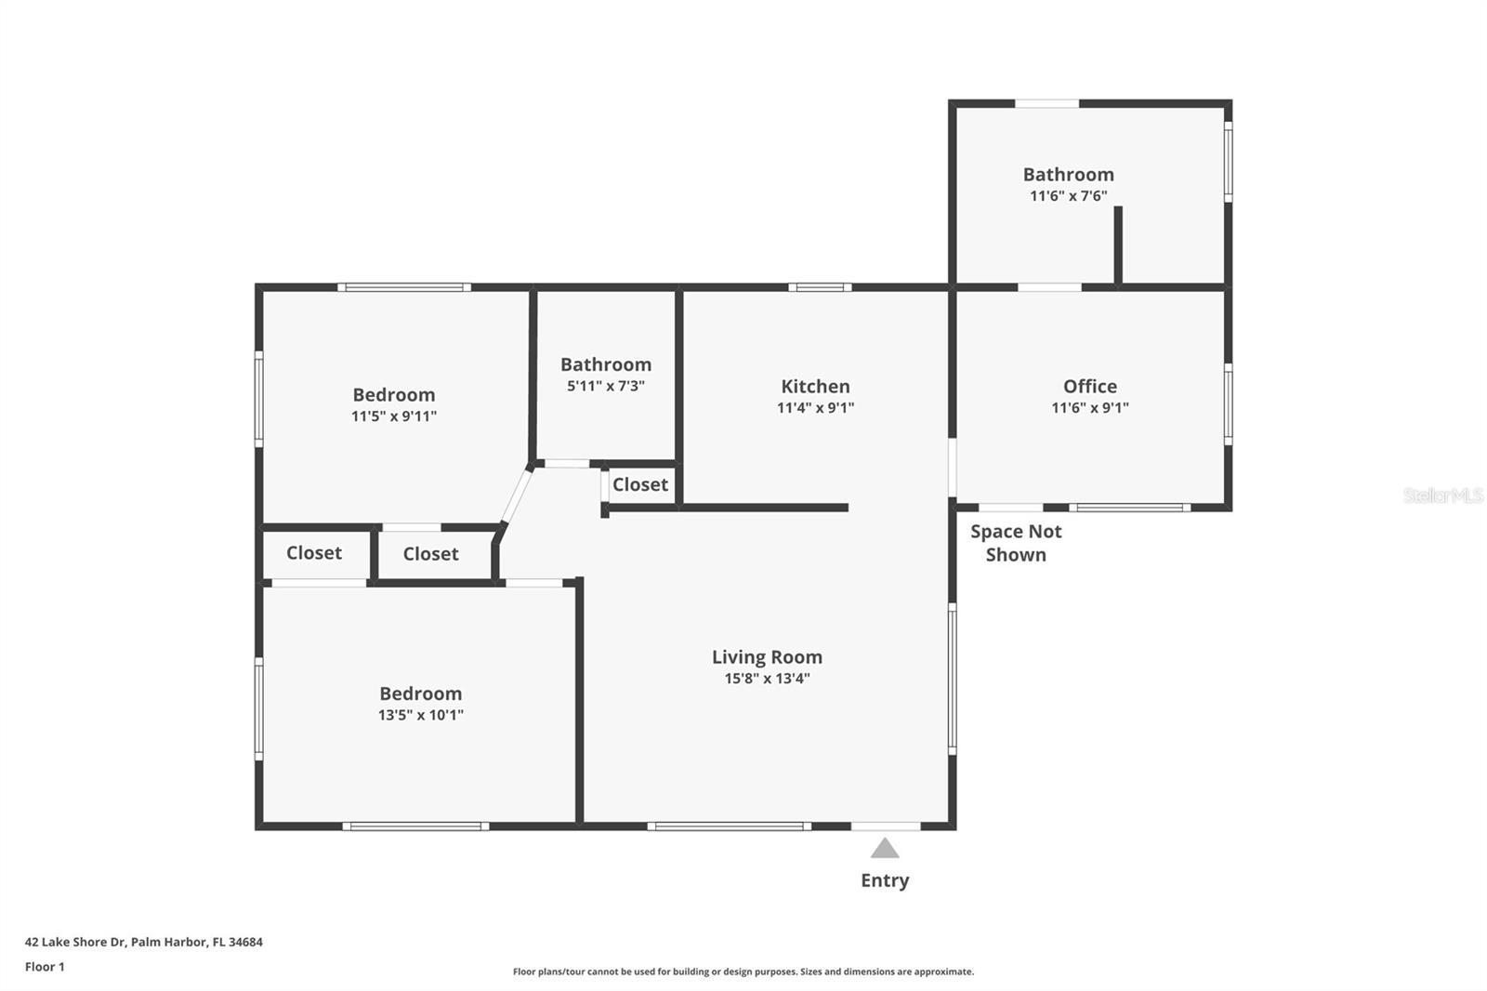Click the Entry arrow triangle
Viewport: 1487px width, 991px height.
[x=885, y=849]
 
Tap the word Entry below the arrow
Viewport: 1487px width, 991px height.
[x=885, y=880]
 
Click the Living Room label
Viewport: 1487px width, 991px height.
[x=767, y=657]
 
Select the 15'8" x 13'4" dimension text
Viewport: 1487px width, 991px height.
[x=767, y=679]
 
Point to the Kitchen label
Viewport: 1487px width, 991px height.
[x=815, y=386]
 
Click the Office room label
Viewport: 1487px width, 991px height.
[x=1090, y=386]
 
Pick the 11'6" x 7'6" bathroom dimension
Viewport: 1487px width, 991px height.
[x=1068, y=196]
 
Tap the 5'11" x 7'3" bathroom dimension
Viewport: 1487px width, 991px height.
[x=606, y=386]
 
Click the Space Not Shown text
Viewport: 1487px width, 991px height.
[x=1016, y=543]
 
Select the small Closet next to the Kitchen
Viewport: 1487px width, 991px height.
[x=639, y=484]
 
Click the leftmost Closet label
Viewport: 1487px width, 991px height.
[x=314, y=553]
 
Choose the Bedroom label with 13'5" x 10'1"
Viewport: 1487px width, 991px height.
[x=420, y=694]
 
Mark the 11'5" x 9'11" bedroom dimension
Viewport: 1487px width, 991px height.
[x=394, y=416]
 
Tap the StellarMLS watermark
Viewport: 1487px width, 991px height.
[x=1442, y=495]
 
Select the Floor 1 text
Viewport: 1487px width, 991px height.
[x=45, y=967]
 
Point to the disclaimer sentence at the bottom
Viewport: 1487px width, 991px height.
[x=743, y=971]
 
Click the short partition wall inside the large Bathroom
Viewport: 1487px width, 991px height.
[x=1118, y=244]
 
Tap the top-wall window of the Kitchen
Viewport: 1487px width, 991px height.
[x=820, y=287]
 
